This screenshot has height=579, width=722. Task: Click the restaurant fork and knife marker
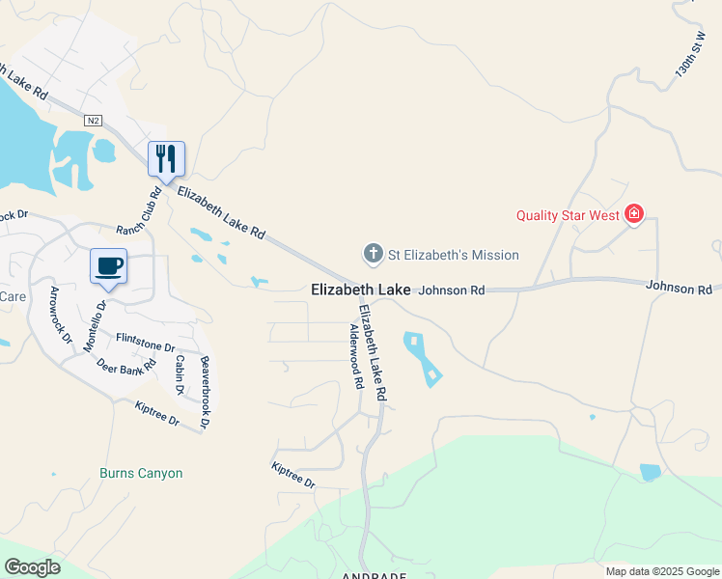[166, 159]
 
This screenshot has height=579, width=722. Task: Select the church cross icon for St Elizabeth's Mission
[373, 255]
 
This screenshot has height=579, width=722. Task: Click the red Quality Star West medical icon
[634, 214]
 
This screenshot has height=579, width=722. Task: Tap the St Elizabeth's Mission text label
[453, 256]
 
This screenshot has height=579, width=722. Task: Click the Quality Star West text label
[567, 215]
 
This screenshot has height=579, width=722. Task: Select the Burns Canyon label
[141, 474]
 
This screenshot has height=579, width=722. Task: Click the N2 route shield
[93, 121]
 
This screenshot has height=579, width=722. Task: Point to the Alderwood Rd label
[355, 355]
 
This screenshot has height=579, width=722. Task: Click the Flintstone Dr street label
[145, 342]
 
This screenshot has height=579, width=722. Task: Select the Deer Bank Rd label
[126, 366]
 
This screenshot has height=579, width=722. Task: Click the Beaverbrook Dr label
[204, 393]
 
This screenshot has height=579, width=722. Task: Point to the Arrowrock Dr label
[60, 315]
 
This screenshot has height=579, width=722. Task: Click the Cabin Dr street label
[180, 374]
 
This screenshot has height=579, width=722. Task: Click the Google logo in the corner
[32, 567]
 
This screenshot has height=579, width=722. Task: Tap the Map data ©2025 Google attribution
[661, 571]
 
